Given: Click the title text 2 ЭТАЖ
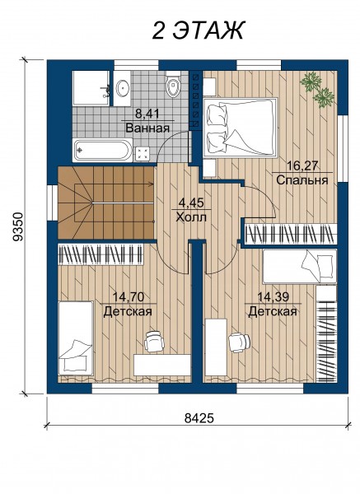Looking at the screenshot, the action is pyautogui.click(x=199, y=30).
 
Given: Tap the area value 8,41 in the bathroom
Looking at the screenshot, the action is pyautogui.click(x=147, y=114).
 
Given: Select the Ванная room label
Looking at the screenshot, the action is pyautogui.click(x=147, y=128).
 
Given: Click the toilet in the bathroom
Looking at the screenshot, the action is pyautogui.click(x=173, y=84).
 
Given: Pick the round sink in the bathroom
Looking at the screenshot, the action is pyautogui.click(x=122, y=88).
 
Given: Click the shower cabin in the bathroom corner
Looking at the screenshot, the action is pyautogui.click(x=91, y=88).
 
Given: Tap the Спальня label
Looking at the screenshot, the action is pyautogui.click(x=302, y=180).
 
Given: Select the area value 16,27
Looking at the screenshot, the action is pyautogui.click(x=302, y=165).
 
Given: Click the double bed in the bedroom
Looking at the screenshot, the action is pyautogui.click(x=241, y=127).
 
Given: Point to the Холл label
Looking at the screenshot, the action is pyautogui.click(x=191, y=217).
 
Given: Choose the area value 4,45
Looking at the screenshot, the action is pyautogui.click(x=191, y=203).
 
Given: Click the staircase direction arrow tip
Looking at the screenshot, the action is pyautogui.click(x=153, y=184).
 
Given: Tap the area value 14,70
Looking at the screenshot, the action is pyautogui.click(x=129, y=296).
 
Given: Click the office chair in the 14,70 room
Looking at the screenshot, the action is pyautogui.click(x=155, y=341).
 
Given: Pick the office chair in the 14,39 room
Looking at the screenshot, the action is pyautogui.click(x=239, y=343).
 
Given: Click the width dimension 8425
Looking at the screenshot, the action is pyautogui.click(x=199, y=418).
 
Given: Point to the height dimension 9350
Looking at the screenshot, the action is pyautogui.click(x=18, y=227).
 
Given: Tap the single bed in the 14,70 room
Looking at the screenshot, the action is pyautogui.click(x=76, y=338).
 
